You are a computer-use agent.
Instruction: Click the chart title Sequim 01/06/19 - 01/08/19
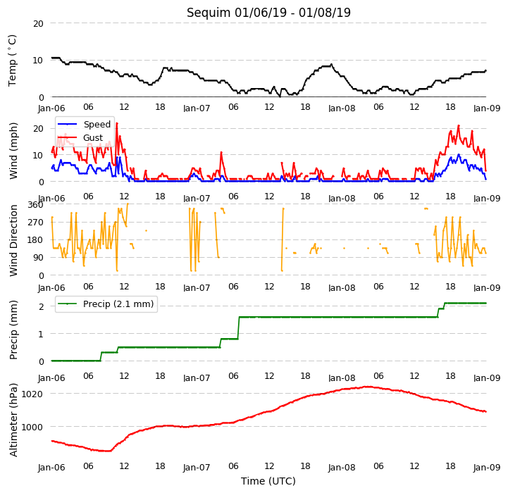(268, 13)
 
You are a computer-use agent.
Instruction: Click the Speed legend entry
(84, 125)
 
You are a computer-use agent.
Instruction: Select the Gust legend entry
(80, 137)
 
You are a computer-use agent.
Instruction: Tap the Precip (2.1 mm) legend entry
(106, 304)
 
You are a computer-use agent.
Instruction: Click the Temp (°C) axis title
(12, 61)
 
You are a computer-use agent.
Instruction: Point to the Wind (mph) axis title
(13, 151)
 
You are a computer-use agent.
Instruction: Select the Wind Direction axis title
(13, 240)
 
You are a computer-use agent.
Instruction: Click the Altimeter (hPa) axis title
(13, 420)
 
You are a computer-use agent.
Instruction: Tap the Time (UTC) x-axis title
(268, 481)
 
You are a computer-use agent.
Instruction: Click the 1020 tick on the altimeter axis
(32, 394)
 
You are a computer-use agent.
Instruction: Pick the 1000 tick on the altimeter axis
(32, 428)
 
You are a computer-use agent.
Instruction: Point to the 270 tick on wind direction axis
(36, 223)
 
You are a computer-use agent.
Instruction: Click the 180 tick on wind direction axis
(36, 240)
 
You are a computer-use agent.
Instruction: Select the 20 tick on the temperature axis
(38, 24)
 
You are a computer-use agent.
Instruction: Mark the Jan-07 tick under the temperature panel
(197, 108)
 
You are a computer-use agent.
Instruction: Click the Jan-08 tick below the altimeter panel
(342, 468)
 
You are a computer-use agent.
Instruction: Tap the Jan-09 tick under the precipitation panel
(487, 377)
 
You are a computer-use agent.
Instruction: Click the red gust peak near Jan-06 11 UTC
(117, 123)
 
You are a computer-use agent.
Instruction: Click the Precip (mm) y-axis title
(13, 330)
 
